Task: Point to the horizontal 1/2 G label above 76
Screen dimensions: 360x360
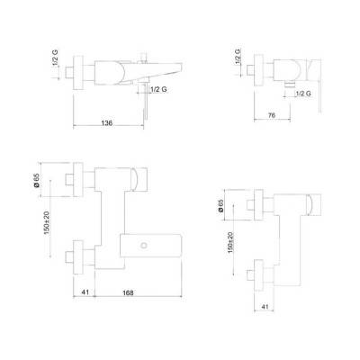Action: pyautogui.click(x=302, y=93)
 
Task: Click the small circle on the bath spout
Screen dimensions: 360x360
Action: pyautogui.click(x=144, y=245)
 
